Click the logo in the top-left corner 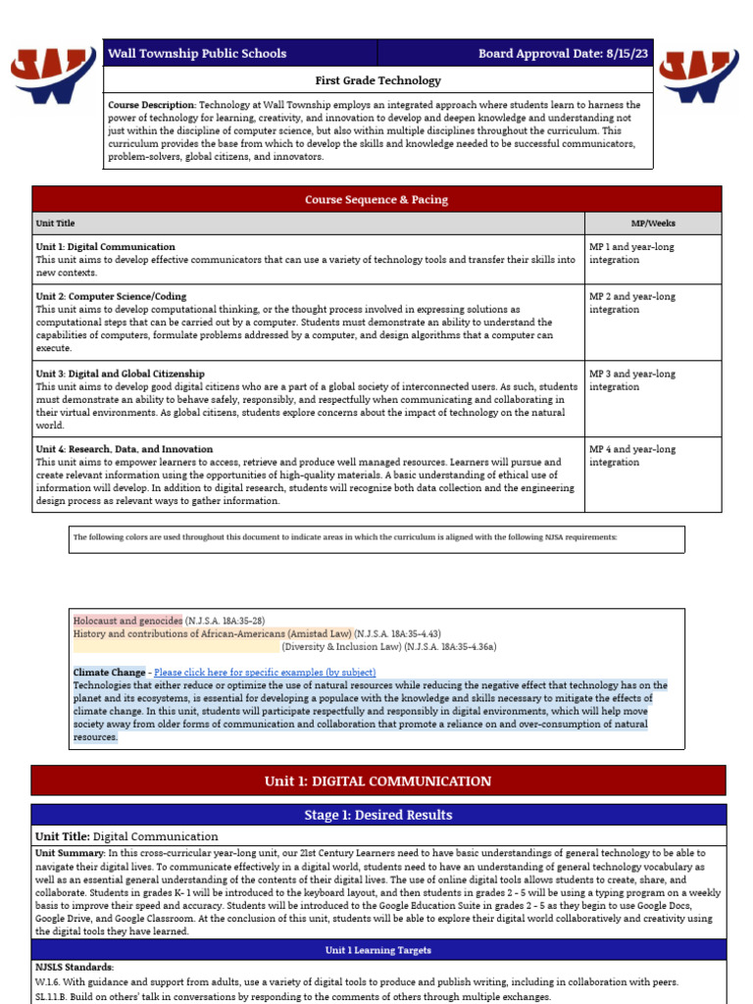point(54,75)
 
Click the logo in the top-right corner point(699,75)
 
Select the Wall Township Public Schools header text point(197,54)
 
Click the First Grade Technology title point(377,80)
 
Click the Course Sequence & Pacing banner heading point(376,200)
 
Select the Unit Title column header point(55,224)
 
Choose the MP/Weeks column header point(652,224)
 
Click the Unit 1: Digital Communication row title point(106,247)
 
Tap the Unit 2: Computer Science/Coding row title point(111,296)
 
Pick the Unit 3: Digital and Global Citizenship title point(121,374)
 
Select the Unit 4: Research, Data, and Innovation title point(125,449)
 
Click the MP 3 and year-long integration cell point(631,380)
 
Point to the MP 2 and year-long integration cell point(631,303)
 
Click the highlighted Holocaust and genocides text point(127,621)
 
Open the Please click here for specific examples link point(265,673)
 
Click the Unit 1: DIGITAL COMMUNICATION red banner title point(377,781)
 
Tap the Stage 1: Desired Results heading point(377,815)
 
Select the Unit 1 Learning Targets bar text point(377,950)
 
